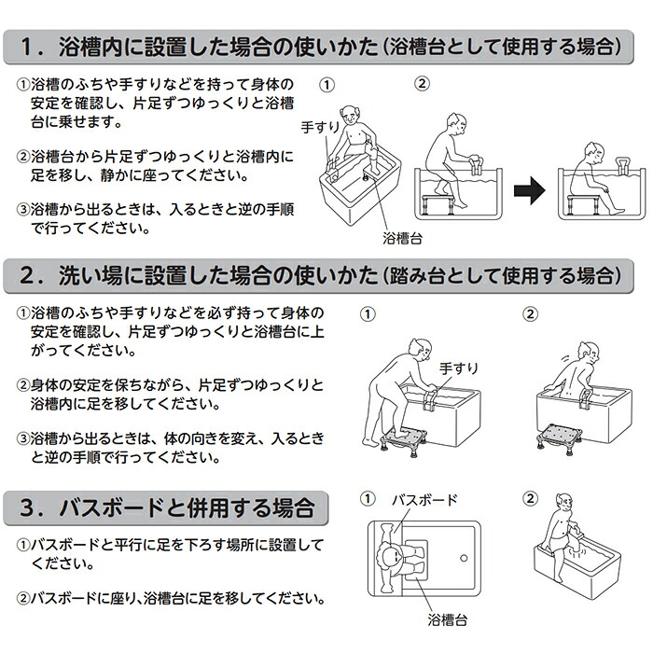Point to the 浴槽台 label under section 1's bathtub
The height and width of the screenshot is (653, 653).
click(403, 238)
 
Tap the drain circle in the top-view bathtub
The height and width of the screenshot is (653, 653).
click(461, 560)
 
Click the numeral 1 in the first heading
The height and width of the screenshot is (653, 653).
click(29, 45)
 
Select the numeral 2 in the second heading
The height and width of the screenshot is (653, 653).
click(29, 275)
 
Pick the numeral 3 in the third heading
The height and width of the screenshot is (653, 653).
click(29, 508)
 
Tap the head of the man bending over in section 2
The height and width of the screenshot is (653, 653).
click(415, 340)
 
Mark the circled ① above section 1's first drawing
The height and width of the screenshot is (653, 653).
click(326, 83)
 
